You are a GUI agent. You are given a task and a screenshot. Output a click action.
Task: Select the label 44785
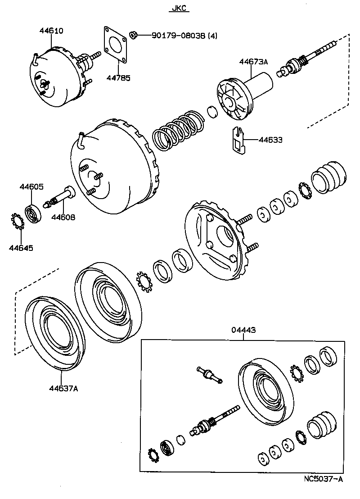tap(118, 78)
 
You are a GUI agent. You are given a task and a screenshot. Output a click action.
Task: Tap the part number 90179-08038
tap(173, 35)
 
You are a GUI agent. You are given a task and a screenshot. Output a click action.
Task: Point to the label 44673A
tap(253, 62)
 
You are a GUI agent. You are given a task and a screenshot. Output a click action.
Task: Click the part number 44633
tap(270, 140)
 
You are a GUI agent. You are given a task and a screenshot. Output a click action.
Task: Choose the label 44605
tap(31, 187)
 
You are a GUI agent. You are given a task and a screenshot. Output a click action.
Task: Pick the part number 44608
tap(63, 217)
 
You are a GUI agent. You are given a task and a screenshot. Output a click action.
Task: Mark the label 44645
tap(22, 247)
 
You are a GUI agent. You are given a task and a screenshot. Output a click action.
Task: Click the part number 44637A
tap(63, 388)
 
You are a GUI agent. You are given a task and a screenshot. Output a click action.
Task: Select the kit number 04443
tap(243, 330)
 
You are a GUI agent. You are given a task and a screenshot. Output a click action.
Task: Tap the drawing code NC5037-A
tap(323, 479)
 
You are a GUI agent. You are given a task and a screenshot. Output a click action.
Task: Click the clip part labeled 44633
tap(237, 141)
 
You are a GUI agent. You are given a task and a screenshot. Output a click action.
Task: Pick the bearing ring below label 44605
tap(34, 213)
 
